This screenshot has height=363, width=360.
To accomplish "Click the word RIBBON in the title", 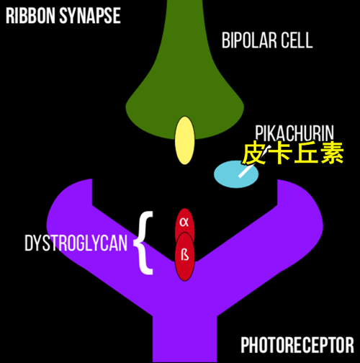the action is point(30,16).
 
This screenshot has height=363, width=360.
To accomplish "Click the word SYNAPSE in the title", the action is point(90,16).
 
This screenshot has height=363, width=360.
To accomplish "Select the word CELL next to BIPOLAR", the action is point(297,40).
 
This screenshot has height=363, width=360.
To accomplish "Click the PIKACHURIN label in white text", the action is point(294,133).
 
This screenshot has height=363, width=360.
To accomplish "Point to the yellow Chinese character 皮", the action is point(254,153).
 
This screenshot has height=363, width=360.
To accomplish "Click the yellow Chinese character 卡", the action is point(280,153).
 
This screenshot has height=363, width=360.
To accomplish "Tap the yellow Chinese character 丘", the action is point(306,153).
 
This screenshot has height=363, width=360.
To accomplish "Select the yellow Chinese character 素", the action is point(331,153).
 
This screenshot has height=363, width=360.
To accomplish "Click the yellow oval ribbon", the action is point(184,140).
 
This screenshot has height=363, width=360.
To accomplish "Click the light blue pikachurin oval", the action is point(236,174).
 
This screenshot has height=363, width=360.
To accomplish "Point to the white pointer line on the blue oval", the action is point(255,161).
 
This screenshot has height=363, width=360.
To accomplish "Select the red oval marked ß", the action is point(184,256).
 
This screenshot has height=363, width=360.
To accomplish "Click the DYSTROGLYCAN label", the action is point(76,243).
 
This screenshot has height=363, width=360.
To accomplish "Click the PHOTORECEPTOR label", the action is point(297,345).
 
